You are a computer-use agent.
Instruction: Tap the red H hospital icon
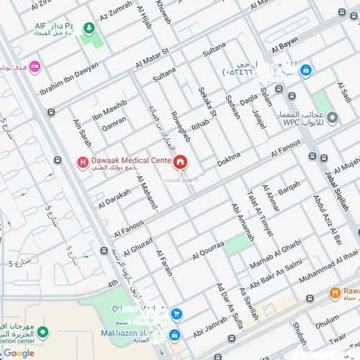click(x=84, y=162)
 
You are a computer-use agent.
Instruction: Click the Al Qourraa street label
click(x=209, y=250)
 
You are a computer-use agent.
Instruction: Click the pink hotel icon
click(x=34, y=66)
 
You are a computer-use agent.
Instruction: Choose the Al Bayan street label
click(x=285, y=48)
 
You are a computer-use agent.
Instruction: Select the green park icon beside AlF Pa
click(x=89, y=28)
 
